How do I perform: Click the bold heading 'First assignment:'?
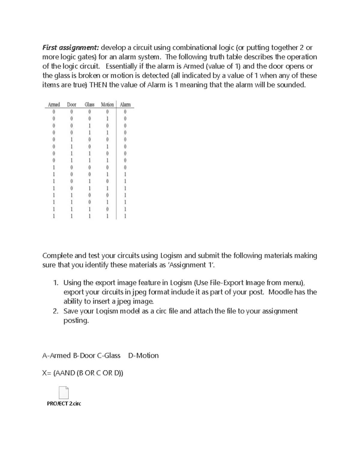70,48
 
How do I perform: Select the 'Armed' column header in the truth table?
54,104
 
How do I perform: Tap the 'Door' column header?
71,104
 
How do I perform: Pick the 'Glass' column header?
89,104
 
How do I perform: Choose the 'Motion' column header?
107,104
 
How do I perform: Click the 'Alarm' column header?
125,104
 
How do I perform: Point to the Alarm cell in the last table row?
125,216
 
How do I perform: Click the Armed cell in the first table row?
54,112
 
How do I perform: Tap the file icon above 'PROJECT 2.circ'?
64,392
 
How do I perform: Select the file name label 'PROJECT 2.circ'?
64,404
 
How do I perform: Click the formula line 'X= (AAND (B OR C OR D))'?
83,373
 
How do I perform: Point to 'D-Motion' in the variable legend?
143,356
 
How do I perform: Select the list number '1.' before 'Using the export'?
55,283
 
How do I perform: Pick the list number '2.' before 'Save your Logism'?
55,311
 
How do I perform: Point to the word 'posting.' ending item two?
76,320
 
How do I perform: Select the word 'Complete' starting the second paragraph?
57,256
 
